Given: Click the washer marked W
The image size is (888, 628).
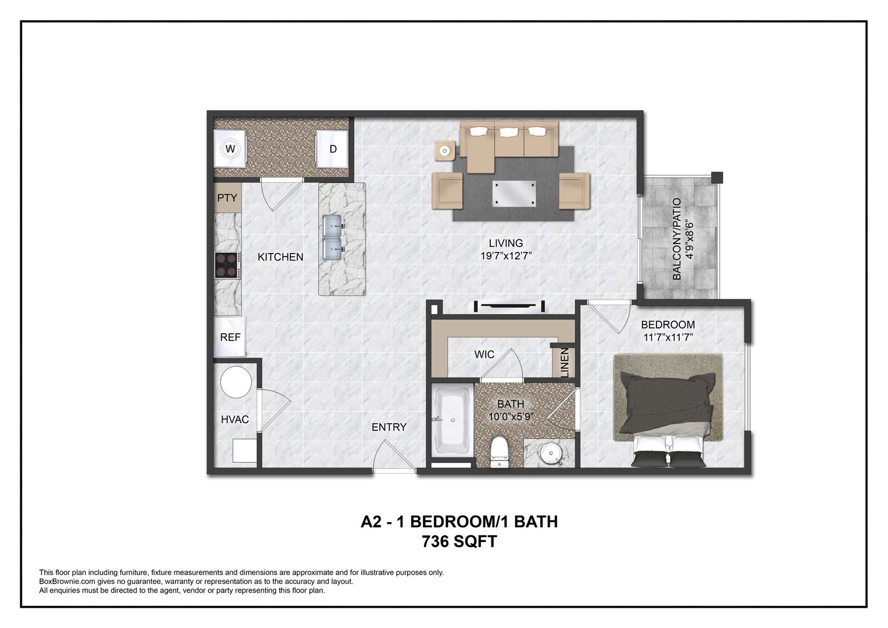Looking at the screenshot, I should [230, 149].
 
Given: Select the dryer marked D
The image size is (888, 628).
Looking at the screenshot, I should [332, 149].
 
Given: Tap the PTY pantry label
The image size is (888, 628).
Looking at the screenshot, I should [227, 198].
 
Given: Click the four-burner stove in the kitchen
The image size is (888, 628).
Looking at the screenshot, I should [227, 266].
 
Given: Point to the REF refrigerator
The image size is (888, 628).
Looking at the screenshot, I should [230, 337].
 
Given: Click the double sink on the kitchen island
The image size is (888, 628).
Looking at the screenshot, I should [333, 237].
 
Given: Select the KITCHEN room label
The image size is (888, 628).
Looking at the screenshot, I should [280, 256].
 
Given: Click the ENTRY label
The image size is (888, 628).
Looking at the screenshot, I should [389, 427].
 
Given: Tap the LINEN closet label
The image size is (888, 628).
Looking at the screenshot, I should [564, 363].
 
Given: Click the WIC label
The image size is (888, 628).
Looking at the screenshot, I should [484, 354].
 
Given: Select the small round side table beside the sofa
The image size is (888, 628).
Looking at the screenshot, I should [445, 151].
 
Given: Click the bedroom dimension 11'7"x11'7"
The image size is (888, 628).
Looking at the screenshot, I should [668, 337].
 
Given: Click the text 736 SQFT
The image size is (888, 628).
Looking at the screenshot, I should [459, 541].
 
